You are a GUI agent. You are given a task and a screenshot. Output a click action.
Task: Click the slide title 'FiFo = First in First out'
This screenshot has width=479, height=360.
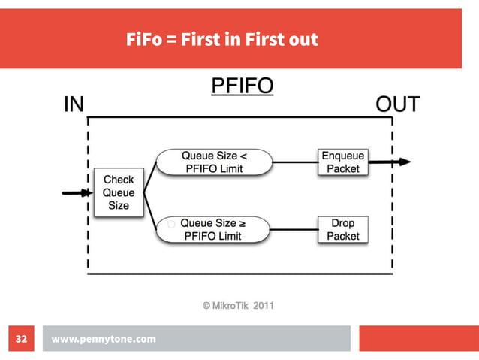pyautogui.click(x=222, y=40)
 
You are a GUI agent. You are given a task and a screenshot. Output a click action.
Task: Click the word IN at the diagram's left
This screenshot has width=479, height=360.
pyautogui.click(x=73, y=104)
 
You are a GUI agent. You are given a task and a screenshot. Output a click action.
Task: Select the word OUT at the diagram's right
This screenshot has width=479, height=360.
pyautogui.click(x=397, y=104)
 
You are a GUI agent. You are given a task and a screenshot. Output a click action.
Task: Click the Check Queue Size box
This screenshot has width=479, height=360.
pyautogui.click(x=118, y=192)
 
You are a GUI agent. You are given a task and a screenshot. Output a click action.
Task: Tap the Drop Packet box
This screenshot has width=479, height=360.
pyautogui.click(x=343, y=229)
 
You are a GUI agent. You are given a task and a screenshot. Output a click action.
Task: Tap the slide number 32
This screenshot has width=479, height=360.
pyautogui.click(x=21, y=339)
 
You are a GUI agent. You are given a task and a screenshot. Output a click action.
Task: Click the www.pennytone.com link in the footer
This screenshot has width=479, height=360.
pyautogui.click(x=104, y=339)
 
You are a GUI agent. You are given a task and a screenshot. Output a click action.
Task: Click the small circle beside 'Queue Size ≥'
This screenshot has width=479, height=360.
pyautogui.click(x=171, y=224)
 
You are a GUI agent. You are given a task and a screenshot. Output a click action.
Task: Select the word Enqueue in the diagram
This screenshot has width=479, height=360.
pyautogui.click(x=343, y=156)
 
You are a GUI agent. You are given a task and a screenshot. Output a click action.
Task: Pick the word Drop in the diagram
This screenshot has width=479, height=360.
pyautogui.click(x=343, y=223)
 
